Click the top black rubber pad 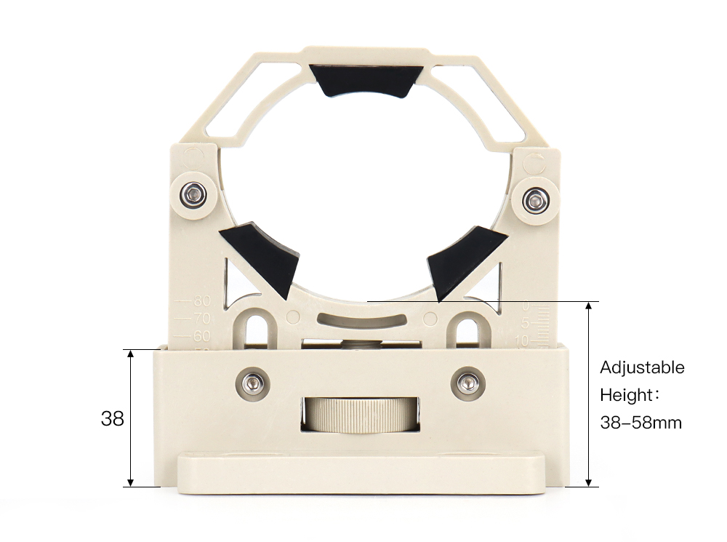coord(366,81)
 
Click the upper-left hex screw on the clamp coord(193,194)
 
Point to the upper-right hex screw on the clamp coord(536,198)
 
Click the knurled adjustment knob coord(361,415)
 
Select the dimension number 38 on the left coord(112,419)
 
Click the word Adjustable coord(642,367)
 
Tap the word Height coord(625,395)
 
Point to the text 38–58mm coord(640,423)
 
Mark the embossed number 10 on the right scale coord(521,340)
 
